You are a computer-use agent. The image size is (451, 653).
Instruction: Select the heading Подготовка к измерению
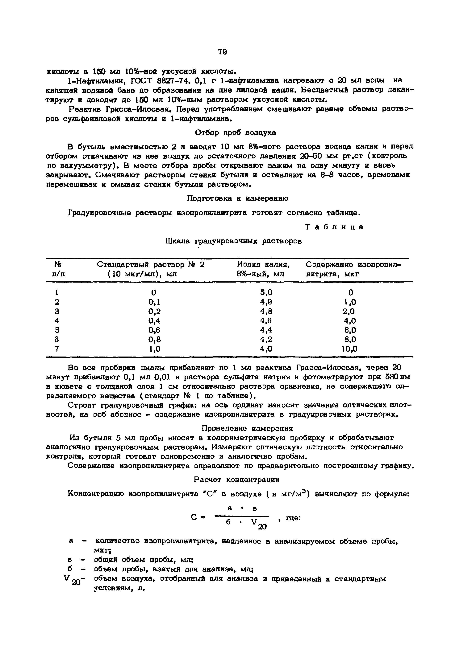pyautogui.click(x=238, y=198)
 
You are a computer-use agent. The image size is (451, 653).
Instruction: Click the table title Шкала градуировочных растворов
pyautogui.click(x=233, y=241)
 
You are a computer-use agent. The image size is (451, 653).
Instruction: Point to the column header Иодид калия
pyautogui.click(x=264, y=264)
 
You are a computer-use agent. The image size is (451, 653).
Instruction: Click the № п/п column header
pyautogui.click(x=58, y=269)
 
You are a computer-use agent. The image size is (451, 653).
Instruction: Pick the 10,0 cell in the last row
pyautogui.click(x=349, y=349)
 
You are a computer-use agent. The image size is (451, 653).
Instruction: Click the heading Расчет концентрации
pyautogui.click(x=237, y=480)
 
